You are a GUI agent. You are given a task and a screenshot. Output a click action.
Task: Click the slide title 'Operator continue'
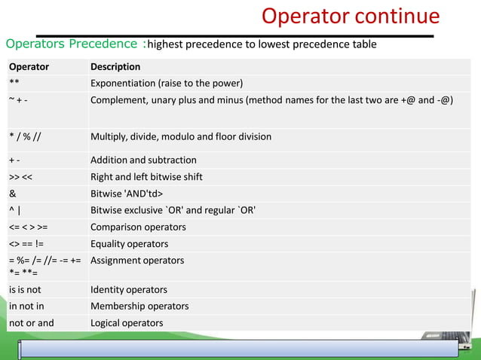pyautogui.click(x=350, y=17)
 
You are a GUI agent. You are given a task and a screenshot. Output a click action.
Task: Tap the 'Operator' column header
pyautogui.click(x=29, y=67)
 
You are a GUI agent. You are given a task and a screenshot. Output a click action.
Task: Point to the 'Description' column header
pyautogui.click(x=115, y=67)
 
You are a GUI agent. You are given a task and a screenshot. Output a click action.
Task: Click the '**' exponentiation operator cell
pyautogui.click(x=15, y=83)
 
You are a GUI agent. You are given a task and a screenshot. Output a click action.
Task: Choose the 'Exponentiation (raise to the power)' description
pyautogui.click(x=167, y=83)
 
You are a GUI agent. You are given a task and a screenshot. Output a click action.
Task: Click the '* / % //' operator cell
pyautogui.click(x=26, y=137)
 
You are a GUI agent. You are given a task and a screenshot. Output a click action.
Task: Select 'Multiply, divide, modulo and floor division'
pyautogui.click(x=181, y=137)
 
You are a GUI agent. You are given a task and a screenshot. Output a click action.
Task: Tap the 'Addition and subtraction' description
pyautogui.click(x=143, y=160)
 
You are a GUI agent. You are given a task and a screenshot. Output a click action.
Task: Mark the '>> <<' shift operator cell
pyautogui.click(x=20, y=177)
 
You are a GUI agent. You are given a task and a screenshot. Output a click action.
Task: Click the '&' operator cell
pyautogui.click(x=13, y=194)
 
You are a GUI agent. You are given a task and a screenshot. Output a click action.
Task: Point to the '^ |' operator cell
pyautogui.click(x=15, y=210)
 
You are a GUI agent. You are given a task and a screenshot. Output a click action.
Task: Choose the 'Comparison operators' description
pyautogui.click(x=138, y=227)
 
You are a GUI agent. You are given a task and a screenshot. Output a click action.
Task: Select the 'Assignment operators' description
pyautogui.click(x=137, y=261)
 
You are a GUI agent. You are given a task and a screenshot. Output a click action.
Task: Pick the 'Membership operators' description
pyautogui.click(x=139, y=307)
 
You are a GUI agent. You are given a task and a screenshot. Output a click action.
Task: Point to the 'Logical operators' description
pyautogui.click(x=127, y=323)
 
